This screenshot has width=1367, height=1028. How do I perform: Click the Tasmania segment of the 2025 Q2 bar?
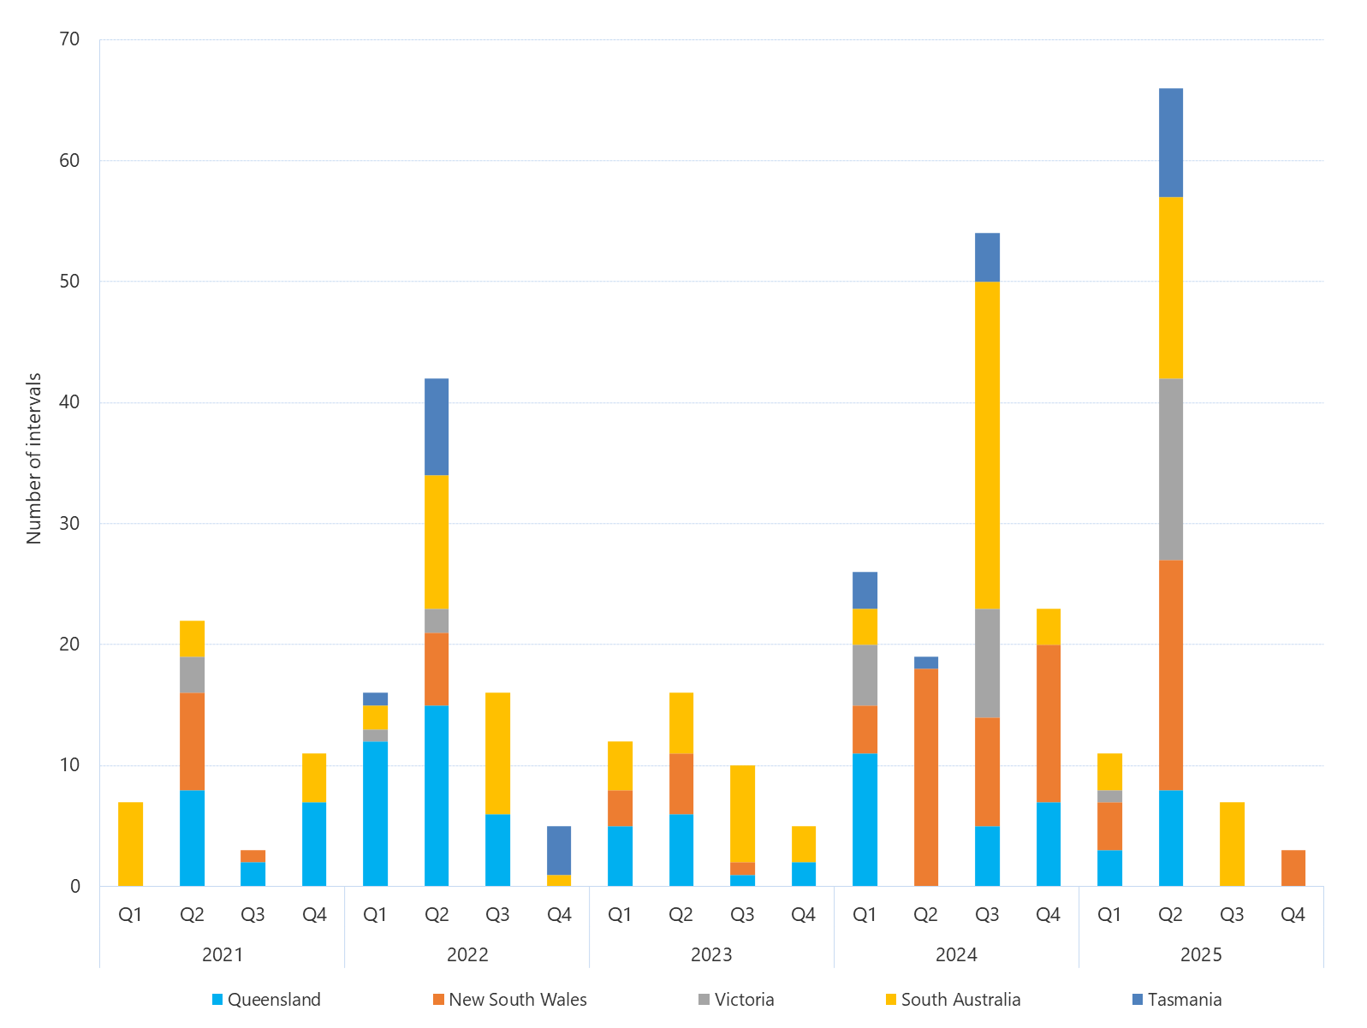point(1170,143)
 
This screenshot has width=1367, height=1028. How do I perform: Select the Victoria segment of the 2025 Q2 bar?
point(1170,469)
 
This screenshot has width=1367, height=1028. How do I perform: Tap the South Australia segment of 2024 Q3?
point(987,445)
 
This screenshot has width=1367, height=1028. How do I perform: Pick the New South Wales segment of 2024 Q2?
point(925,777)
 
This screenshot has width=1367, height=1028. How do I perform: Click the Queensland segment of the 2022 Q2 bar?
point(437,795)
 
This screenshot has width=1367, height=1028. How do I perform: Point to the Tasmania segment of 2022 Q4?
point(559,850)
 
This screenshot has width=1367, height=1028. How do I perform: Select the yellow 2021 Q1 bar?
point(130,844)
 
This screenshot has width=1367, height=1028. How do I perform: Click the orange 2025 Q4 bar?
point(1293,868)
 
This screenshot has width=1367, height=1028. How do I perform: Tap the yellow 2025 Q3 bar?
point(1232,844)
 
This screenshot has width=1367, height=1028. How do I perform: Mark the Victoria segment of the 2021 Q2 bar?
point(192,674)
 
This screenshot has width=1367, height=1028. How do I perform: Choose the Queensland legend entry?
point(266,1000)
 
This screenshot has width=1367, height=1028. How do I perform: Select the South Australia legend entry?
point(953,1000)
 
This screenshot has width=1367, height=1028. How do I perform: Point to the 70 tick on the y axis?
point(69,39)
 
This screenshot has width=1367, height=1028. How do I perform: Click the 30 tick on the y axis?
point(69,523)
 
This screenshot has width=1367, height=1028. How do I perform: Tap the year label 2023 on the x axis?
point(711,954)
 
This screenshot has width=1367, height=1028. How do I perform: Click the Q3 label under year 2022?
point(497,914)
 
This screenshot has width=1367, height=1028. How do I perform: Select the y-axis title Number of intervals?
point(34,459)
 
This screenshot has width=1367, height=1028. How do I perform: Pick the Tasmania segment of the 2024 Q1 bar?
point(865,590)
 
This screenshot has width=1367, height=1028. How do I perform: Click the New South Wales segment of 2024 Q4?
point(1048,723)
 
